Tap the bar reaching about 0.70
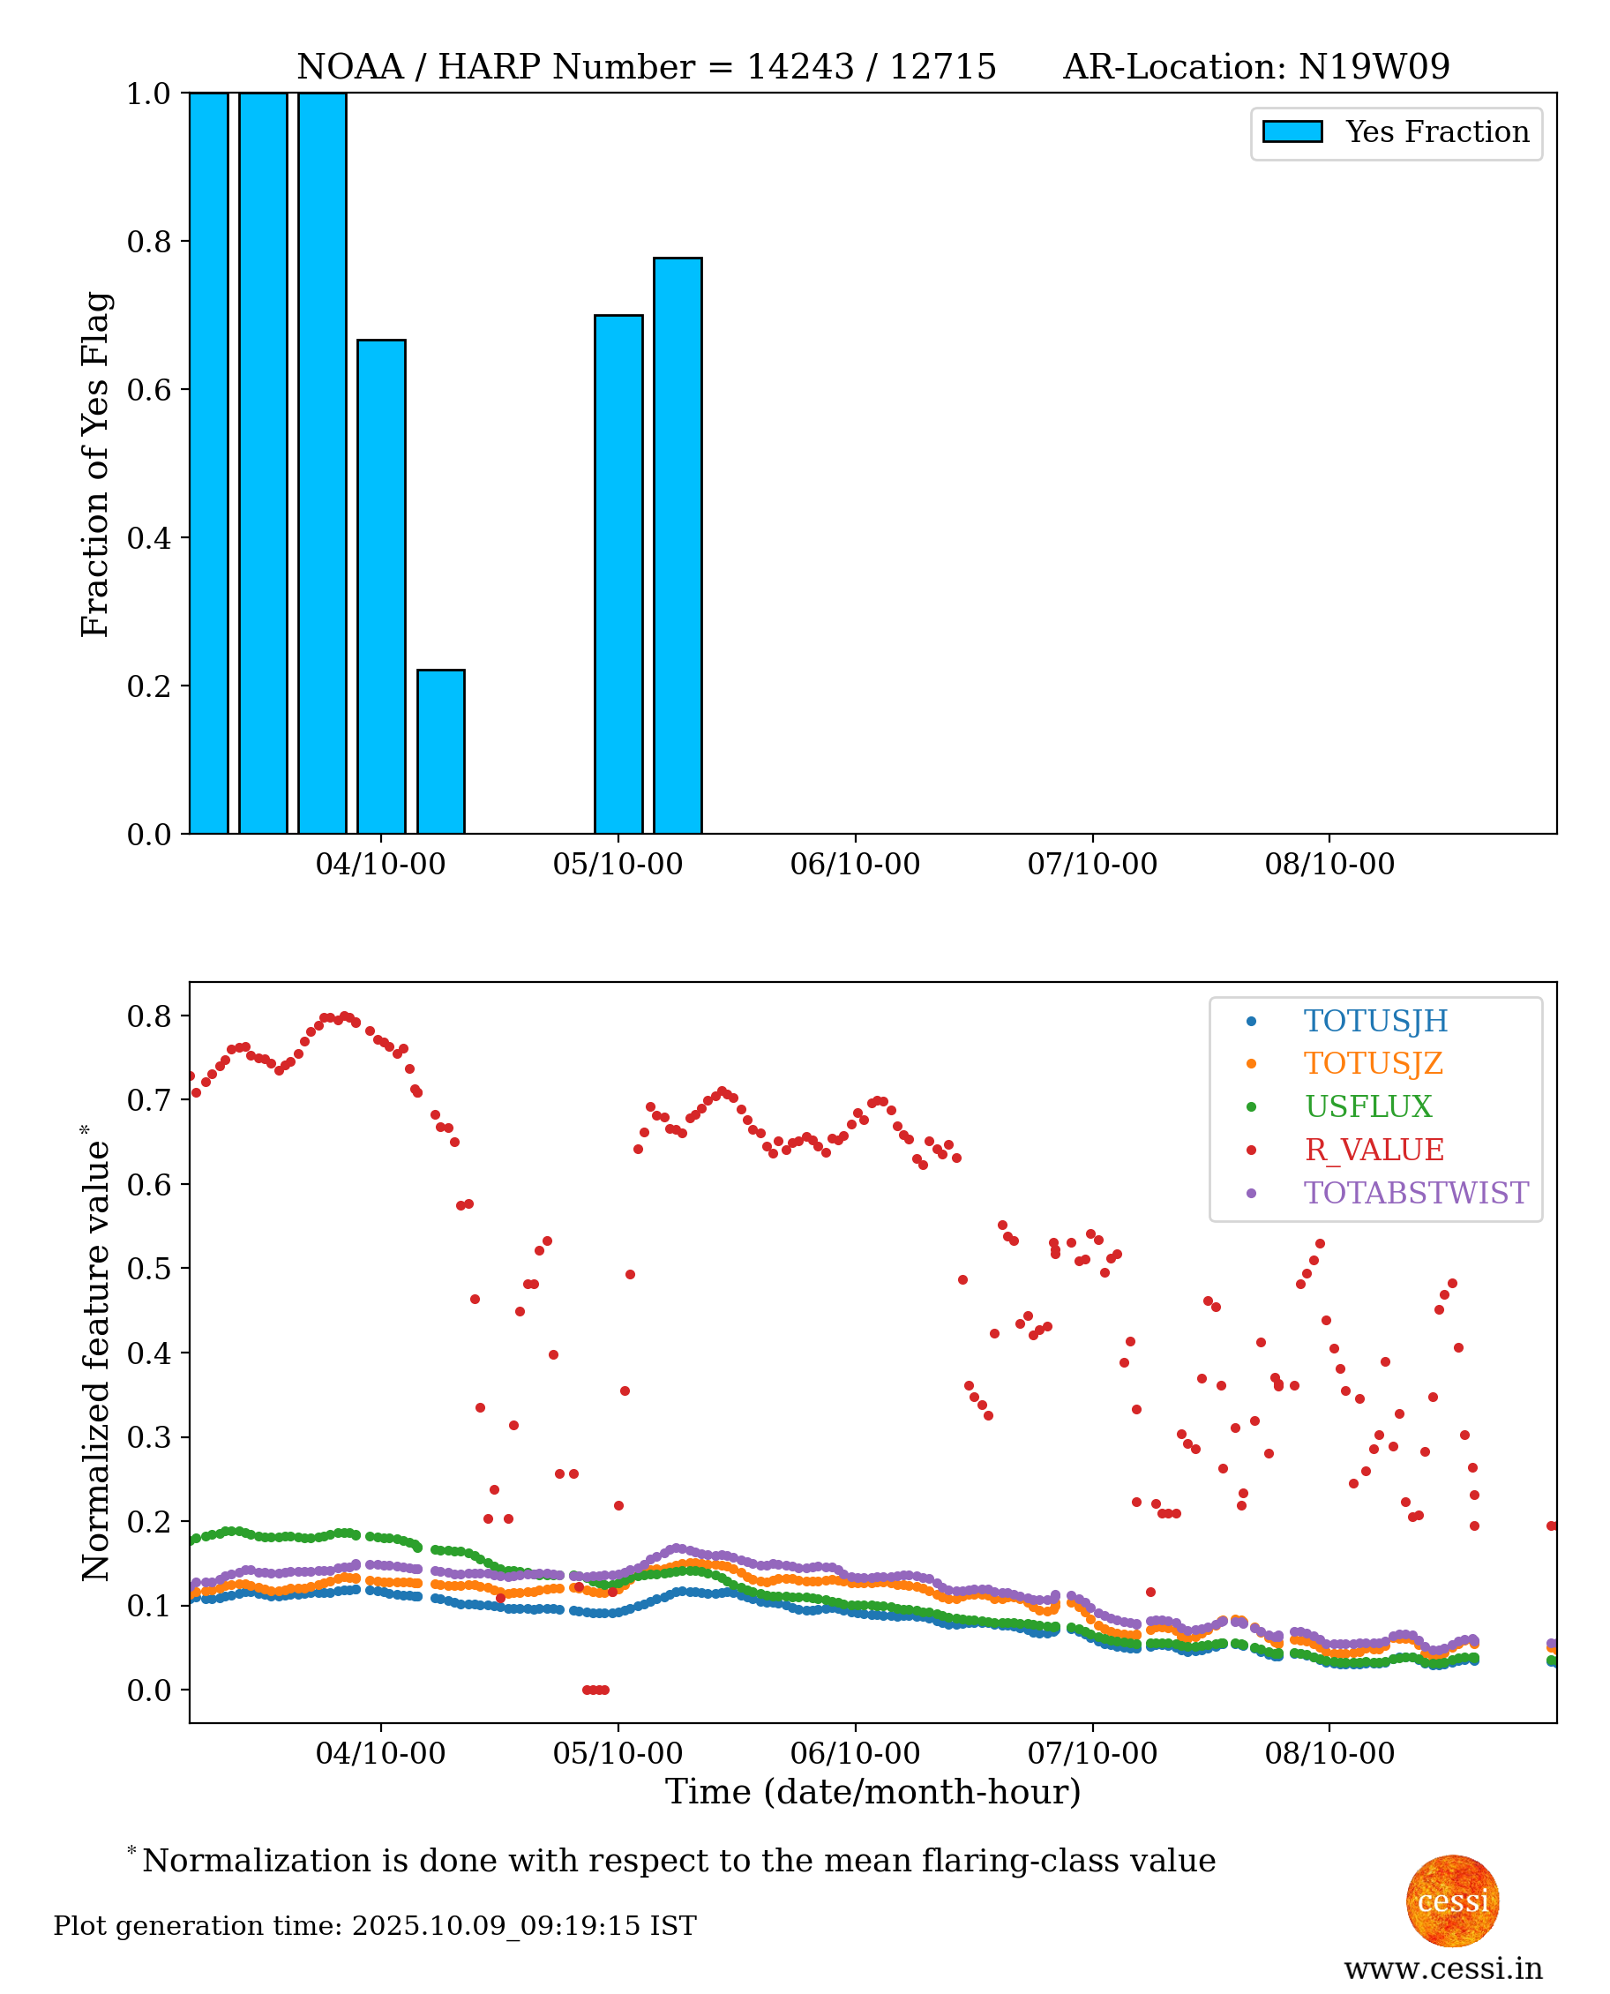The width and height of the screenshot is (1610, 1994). point(618,574)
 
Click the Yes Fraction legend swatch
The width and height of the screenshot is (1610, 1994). point(1292,131)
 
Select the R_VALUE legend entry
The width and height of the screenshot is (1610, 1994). point(1374,1150)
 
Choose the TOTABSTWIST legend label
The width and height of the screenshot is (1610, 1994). point(1415,1193)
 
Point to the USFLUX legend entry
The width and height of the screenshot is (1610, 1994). point(1368,1106)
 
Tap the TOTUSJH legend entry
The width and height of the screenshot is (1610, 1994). point(1375,1021)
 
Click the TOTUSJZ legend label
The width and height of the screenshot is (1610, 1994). point(1373,1064)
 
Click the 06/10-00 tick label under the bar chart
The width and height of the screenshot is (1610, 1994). point(855,865)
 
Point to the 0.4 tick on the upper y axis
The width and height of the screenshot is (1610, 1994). point(148,538)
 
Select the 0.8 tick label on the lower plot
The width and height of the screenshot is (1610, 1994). point(148,1016)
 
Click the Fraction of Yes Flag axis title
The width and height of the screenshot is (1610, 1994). point(94,464)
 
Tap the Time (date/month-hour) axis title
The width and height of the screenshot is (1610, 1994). point(872,1792)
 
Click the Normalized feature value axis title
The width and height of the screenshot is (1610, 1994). point(94,1354)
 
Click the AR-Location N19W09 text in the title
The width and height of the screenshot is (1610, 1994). point(1255,67)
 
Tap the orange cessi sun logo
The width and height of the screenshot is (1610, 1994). point(1452,1900)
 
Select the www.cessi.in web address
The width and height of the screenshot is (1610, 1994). point(1443,1968)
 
